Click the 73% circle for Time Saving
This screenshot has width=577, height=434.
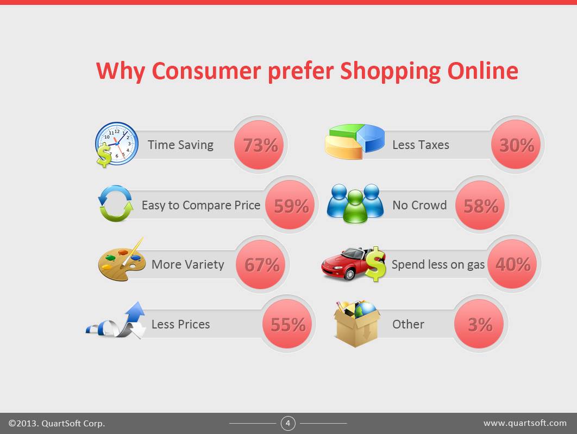click(259, 145)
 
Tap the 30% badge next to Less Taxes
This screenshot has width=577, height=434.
click(516, 145)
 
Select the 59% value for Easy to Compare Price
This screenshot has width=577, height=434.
click(290, 206)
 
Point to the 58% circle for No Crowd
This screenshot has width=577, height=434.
click(480, 206)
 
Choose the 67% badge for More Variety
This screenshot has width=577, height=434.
click(261, 265)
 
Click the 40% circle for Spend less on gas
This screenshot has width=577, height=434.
click(512, 264)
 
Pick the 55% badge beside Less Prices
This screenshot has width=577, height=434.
click(288, 324)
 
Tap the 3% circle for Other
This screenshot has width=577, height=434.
click(479, 324)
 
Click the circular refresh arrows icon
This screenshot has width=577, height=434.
click(115, 204)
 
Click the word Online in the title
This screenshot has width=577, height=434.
click(482, 71)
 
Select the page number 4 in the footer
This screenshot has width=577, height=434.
click(288, 423)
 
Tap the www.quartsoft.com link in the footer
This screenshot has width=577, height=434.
click(525, 423)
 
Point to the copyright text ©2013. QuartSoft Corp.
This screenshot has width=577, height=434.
click(57, 423)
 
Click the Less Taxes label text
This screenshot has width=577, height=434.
click(421, 145)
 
